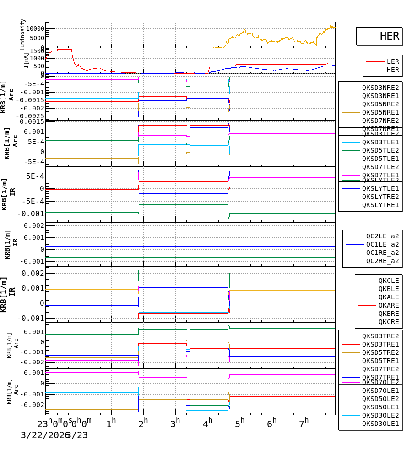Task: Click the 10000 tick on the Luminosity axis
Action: [x=35, y=28]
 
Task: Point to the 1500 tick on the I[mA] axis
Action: [x=37, y=51]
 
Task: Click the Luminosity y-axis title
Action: [x=23, y=34]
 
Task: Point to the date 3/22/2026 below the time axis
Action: [x=44, y=435]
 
